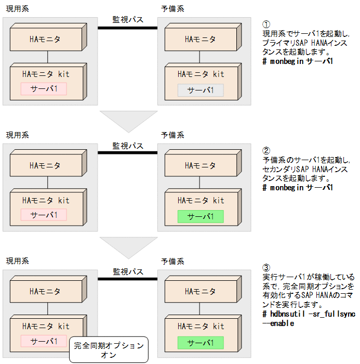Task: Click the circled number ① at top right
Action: click(x=266, y=24)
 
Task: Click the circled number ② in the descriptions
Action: click(x=266, y=151)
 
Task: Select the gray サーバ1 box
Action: click(x=201, y=90)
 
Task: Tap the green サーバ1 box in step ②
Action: click(x=201, y=216)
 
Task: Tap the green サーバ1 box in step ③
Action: click(x=201, y=343)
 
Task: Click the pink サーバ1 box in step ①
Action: click(x=44, y=89)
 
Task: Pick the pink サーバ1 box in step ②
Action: click(x=44, y=215)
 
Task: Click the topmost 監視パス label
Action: click(x=128, y=20)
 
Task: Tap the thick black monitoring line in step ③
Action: click(x=128, y=279)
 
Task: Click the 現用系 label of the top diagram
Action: click(x=17, y=9)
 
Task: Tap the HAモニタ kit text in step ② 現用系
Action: click(x=46, y=200)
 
